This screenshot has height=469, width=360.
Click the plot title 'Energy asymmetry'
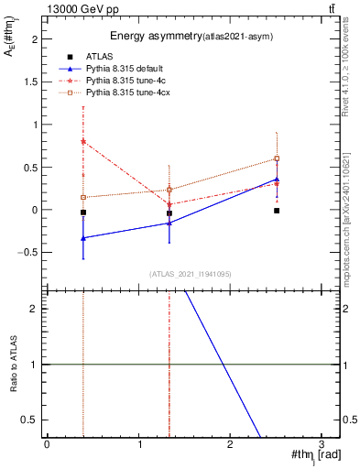point(150,37)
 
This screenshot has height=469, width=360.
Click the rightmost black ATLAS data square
point(277,211)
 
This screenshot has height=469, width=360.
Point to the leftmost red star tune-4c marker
point(83,141)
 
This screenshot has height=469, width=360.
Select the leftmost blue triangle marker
point(83,238)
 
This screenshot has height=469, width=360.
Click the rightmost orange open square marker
point(277,158)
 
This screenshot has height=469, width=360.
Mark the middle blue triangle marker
point(169,223)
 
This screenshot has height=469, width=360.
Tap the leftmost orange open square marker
point(83,197)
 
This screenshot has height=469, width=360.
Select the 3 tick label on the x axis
point(321,445)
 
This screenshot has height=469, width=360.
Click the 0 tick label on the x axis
point(47,445)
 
